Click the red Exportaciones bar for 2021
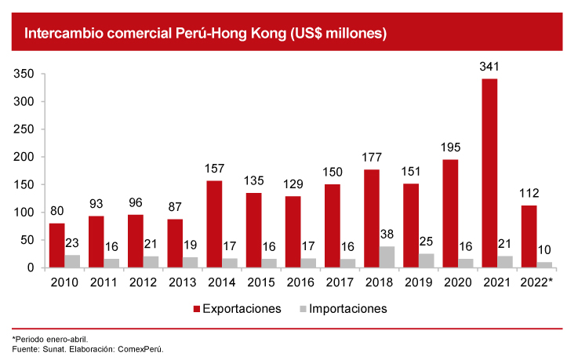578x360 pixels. tap(489, 173)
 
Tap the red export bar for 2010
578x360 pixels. tap(56, 245)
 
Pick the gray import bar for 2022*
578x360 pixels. tap(544, 265)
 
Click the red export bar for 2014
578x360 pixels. tap(214, 224)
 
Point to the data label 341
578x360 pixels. tap(490, 67)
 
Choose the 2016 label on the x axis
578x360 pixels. tap(300, 282)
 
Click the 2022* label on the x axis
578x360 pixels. tap(536, 282)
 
